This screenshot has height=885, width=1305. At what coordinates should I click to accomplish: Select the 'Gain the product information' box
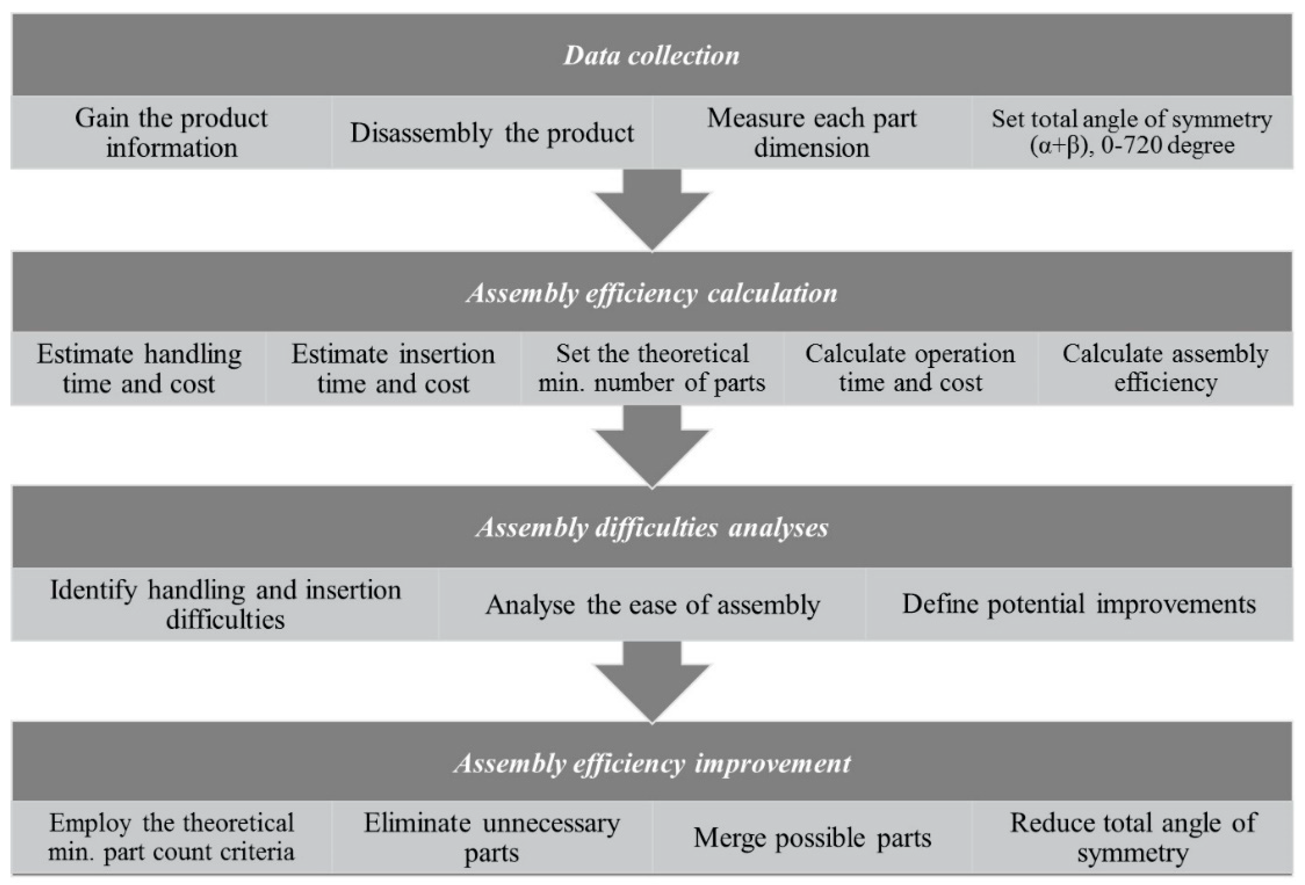171,132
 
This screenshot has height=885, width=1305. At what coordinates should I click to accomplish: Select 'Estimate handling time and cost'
139,369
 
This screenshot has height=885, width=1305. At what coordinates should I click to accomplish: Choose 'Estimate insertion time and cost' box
393,369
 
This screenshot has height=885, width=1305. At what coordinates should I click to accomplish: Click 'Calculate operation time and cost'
910,369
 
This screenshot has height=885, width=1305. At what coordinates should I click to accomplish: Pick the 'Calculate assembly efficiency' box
1165,369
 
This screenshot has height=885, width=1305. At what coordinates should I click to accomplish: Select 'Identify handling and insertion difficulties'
225,604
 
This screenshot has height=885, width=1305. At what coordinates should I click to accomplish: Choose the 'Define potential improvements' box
1078,604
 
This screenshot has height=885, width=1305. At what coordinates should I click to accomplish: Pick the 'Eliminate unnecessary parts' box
491,837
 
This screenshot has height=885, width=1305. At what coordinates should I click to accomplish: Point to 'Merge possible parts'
812,837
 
